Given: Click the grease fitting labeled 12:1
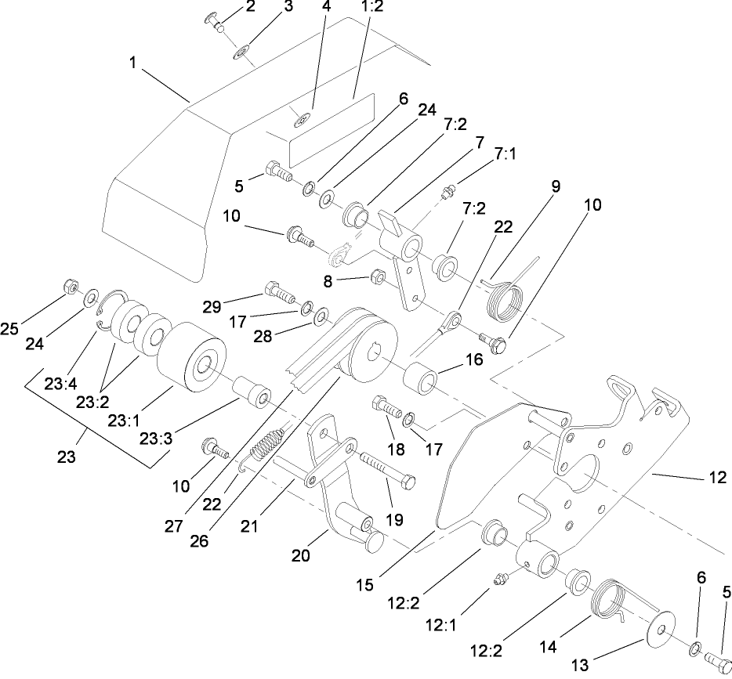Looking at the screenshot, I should [x=498, y=579].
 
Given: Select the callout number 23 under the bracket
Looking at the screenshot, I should [x=66, y=457].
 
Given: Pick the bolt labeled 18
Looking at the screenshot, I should [x=387, y=408].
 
